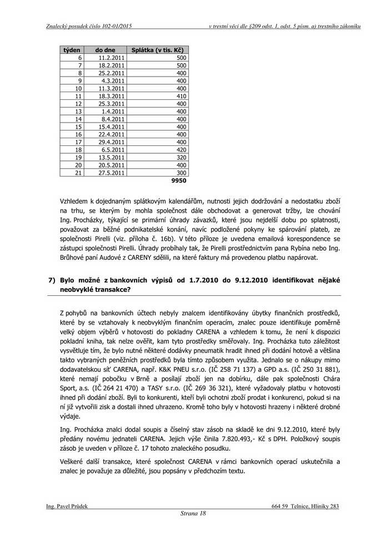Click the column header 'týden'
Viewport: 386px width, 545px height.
click(x=72, y=51)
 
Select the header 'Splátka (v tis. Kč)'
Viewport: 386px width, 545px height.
click(x=157, y=51)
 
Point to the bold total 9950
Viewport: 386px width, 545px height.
click(x=179, y=181)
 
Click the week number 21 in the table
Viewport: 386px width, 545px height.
click(x=78, y=173)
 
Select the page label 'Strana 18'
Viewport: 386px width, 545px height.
click(x=193, y=514)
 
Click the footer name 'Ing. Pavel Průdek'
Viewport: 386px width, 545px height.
click(x=67, y=506)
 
